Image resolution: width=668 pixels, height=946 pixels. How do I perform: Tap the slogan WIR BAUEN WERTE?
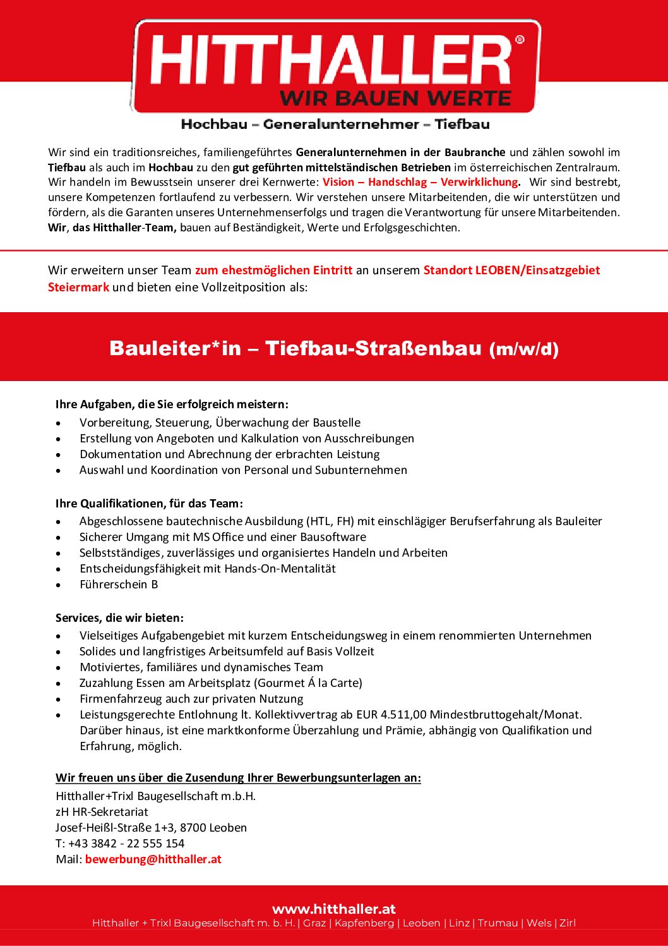[x=395, y=99]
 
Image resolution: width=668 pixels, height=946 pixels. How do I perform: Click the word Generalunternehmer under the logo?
[x=341, y=124]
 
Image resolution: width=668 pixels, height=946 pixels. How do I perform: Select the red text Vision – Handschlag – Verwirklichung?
[x=420, y=182]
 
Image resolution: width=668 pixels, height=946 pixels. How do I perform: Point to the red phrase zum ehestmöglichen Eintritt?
[x=273, y=270]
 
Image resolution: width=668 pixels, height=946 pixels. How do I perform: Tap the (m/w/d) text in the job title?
[x=524, y=349]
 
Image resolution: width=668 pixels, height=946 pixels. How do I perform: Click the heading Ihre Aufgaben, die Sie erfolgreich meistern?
[x=172, y=404]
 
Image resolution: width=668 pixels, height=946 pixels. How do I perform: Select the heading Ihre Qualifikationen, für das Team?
[x=149, y=504]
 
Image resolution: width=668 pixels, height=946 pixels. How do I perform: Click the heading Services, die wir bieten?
[x=119, y=618]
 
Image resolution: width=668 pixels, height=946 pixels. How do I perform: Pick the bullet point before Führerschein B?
[x=59, y=585]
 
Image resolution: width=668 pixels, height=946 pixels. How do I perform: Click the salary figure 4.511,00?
[x=403, y=715]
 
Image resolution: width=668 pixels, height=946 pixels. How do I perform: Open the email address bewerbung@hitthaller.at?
[x=153, y=859]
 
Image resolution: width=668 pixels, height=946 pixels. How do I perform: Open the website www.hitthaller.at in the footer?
[x=334, y=909]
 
